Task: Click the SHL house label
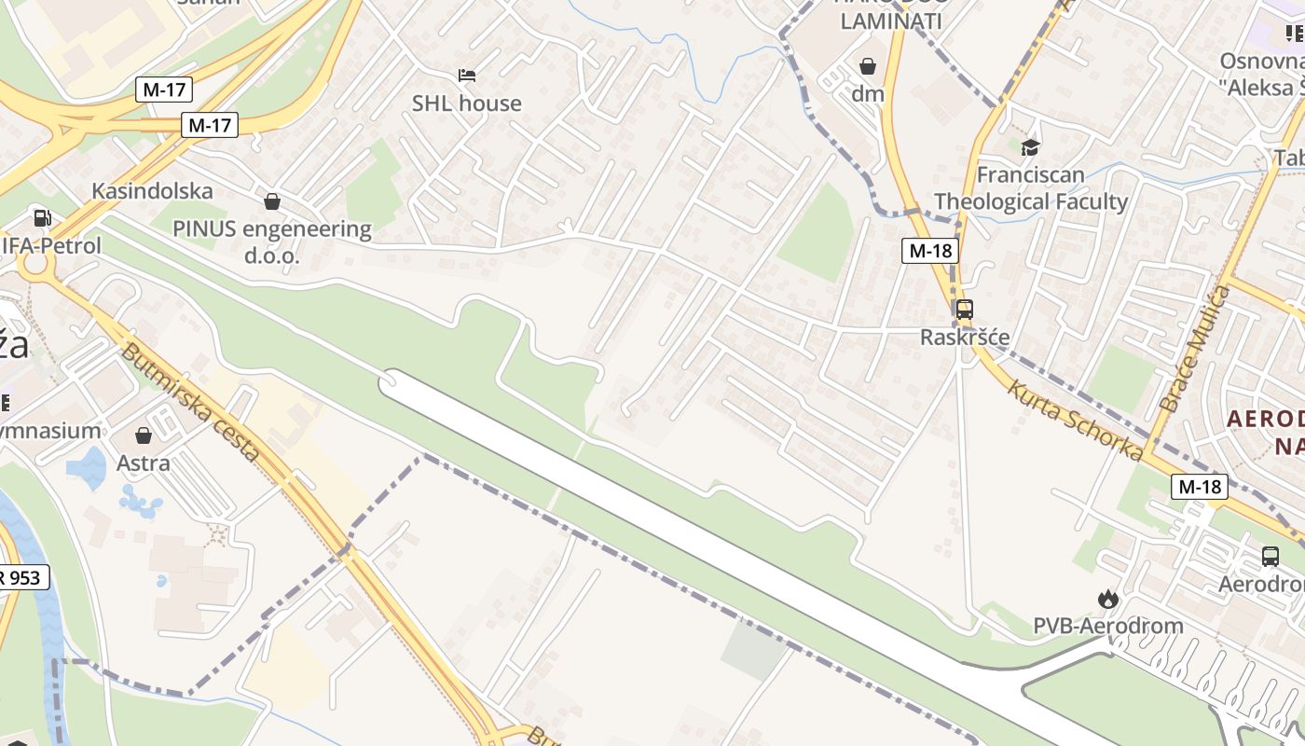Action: coord(466,103)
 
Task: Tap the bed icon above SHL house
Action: coord(467,75)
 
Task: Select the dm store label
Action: coord(867,93)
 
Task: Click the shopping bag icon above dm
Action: coord(868,66)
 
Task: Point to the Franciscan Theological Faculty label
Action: coord(1030,187)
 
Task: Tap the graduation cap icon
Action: coord(1030,147)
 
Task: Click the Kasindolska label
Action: coord(152,191)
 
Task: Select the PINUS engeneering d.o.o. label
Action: coord(271,242)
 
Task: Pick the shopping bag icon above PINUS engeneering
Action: coord(272,200)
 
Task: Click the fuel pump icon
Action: coord(42,218)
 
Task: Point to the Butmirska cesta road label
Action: coord(189,402)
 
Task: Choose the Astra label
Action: coord(144,463)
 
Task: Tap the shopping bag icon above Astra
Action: coord(144,435)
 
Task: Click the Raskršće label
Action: coord(965,337)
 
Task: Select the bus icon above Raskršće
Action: coord(965,309)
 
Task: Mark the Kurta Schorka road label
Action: coord(1075,421)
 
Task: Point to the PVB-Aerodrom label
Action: coord(1107,626)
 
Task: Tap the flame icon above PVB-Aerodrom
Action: coord(1107,599)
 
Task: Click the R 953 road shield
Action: coord(21,577)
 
